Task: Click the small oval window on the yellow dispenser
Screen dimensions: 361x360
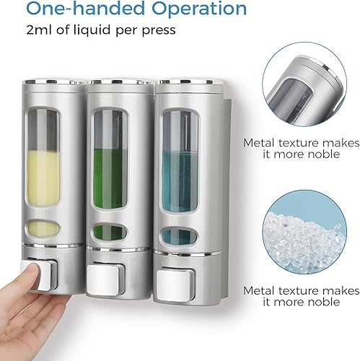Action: (x=41, y=232)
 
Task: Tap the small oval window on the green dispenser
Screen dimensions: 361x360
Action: (x=108, y=233)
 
